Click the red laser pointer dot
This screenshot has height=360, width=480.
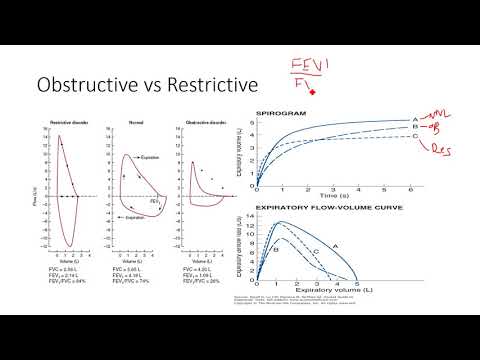(x=313, y=92)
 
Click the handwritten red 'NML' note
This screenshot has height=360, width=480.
(x=444, y=117)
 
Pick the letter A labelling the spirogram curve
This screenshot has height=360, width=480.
(x=414, y=117)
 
